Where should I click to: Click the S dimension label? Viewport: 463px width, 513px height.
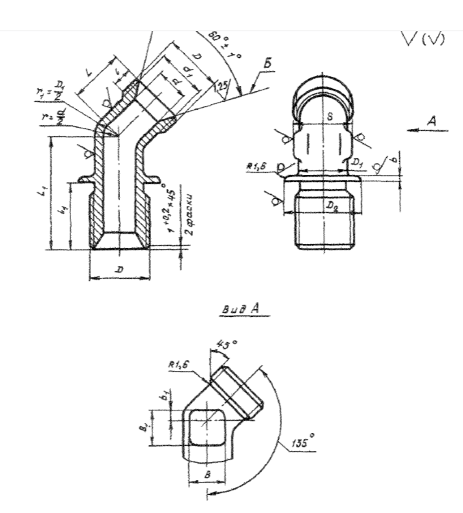pos(321,119)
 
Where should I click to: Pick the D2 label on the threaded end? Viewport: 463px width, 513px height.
pos(332,205)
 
